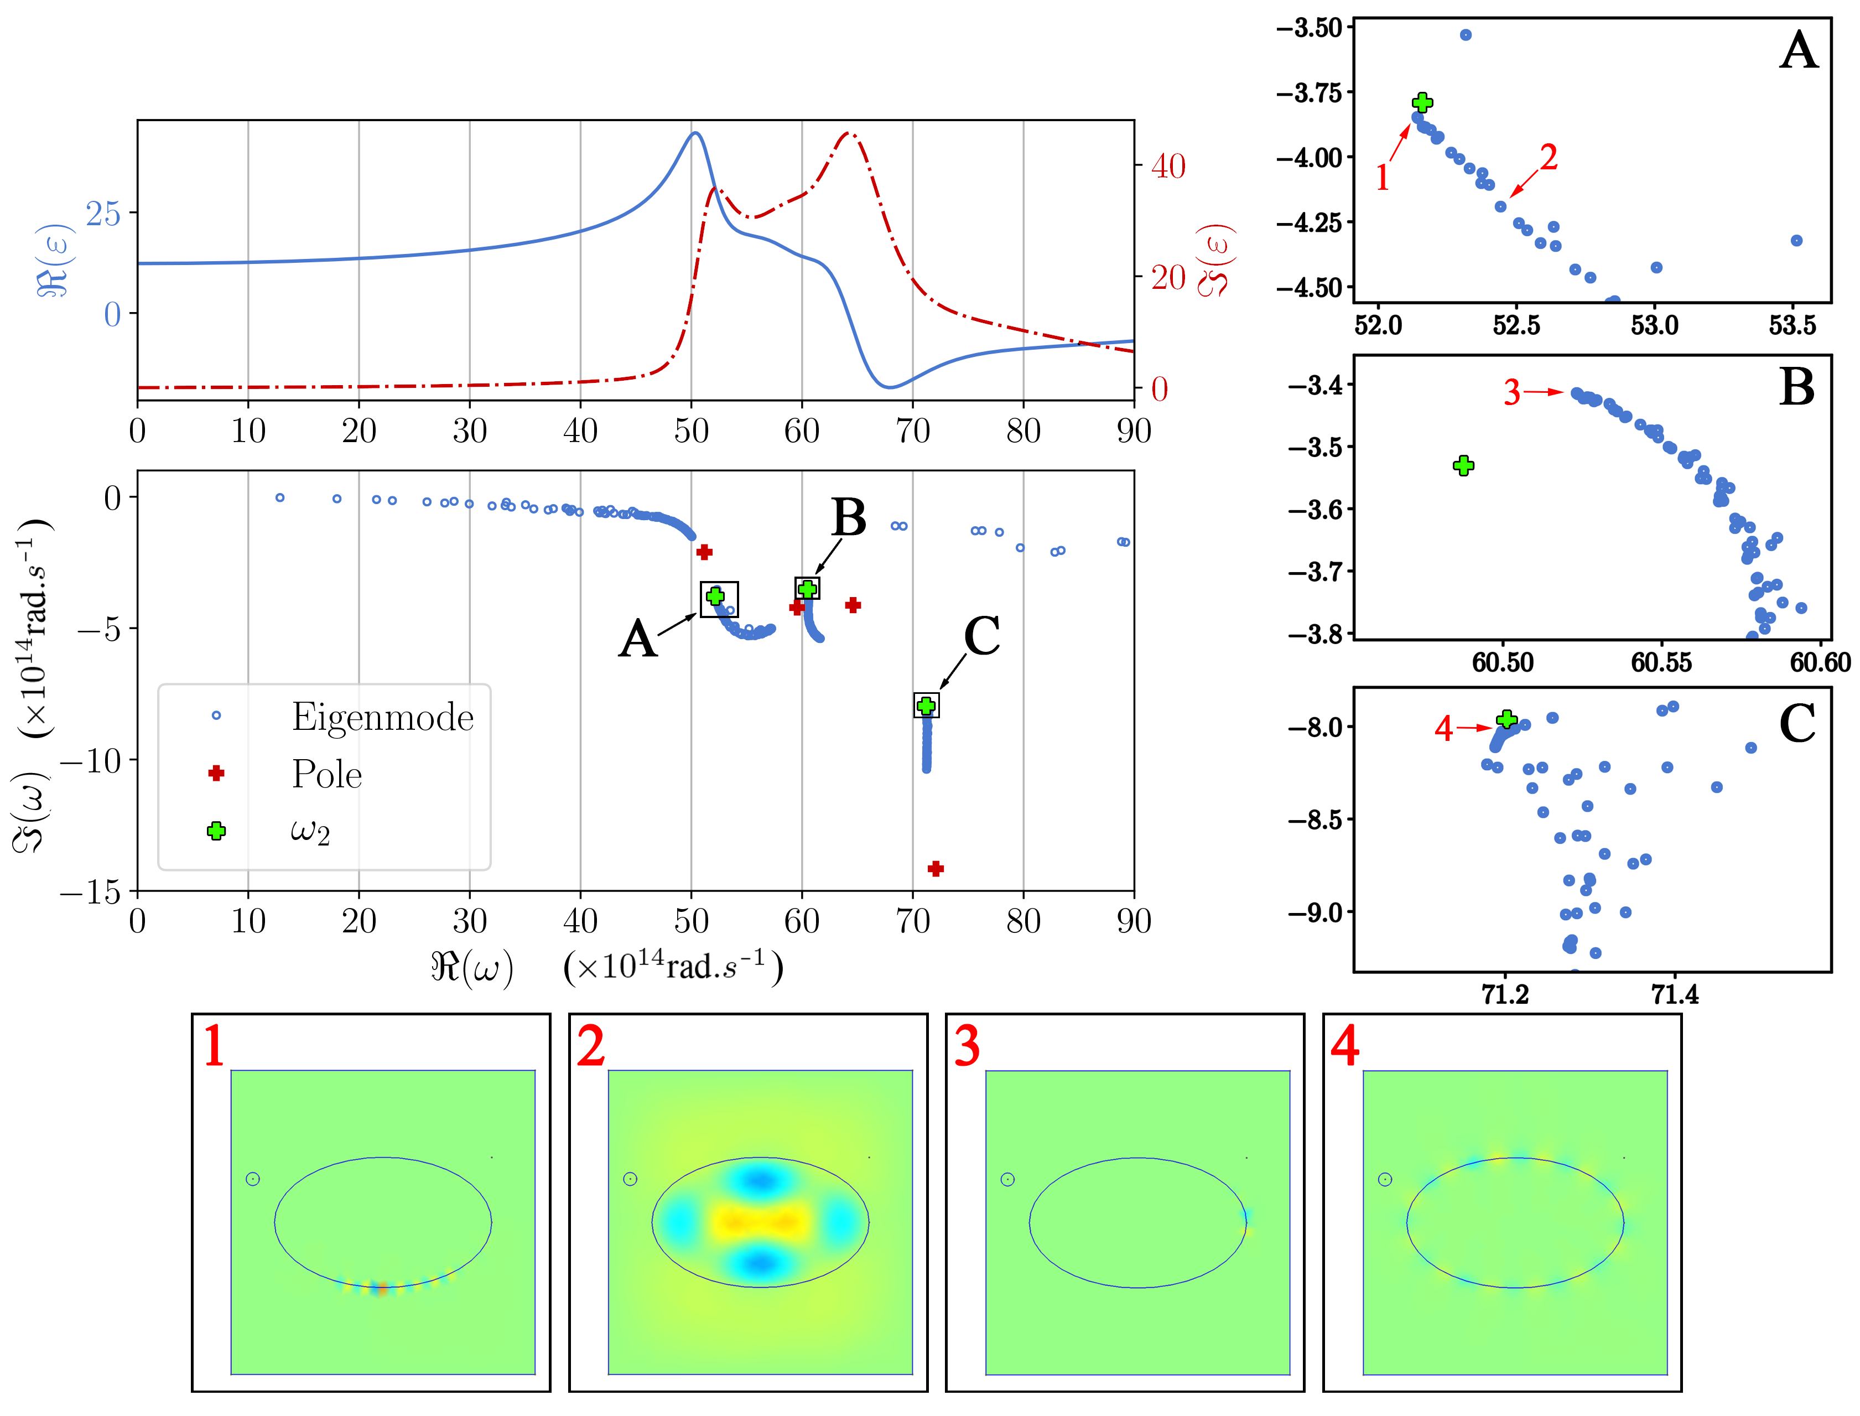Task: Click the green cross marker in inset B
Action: pyautogui.click(x=1463, y=465)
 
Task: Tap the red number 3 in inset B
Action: pyautogui.click(x=1512, y=393)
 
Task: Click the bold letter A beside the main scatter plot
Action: pyautogui.click(x=637, y=639)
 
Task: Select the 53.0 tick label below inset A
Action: pyautogui.click(x=1654, y=325)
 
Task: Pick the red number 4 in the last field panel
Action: pyautogui.click(x=1344, y=1047)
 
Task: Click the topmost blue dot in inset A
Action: pyautogui.click(x=1466, y=34)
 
